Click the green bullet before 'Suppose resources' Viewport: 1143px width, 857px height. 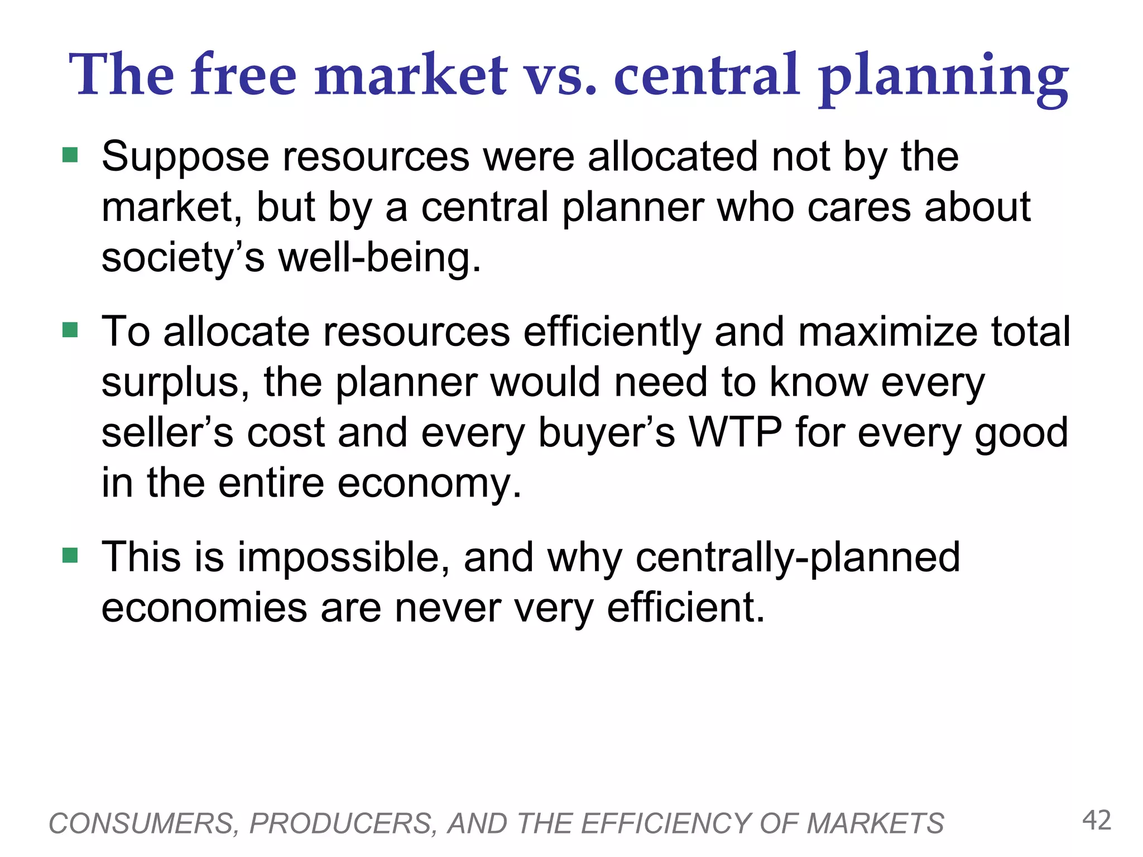(x=70, y=155)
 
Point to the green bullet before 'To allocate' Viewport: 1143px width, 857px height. (x=70, y=330)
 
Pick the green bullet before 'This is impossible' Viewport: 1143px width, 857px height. (x=70, y=555)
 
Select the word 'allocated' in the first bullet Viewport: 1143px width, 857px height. (x=673, y=157)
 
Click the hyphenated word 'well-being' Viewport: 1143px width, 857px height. (x=380, y=258)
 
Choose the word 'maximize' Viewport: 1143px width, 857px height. (x=887, y=332)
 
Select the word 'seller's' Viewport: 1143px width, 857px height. (x=167, y=432)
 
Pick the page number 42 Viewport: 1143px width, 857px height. (x=1097, y=821)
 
